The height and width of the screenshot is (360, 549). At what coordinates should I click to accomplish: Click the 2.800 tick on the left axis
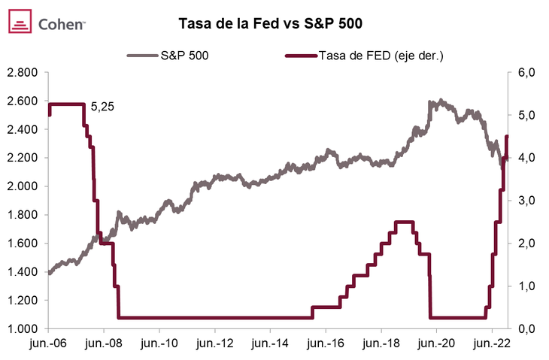(23, 72)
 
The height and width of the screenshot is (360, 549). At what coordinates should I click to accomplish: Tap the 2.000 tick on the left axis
(23, 186)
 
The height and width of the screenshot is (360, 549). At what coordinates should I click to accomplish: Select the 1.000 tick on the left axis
(23, 329)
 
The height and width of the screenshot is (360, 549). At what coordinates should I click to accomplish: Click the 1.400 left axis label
(23, 272)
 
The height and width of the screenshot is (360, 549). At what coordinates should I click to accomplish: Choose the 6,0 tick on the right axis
(523, 72)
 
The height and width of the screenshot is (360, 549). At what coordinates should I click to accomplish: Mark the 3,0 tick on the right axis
(523, 201)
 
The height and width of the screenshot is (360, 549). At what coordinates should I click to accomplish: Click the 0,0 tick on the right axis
(523, 329)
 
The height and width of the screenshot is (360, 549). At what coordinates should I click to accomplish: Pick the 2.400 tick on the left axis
(23, 129)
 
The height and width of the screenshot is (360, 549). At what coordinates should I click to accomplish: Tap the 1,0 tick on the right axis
(523, 286)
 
